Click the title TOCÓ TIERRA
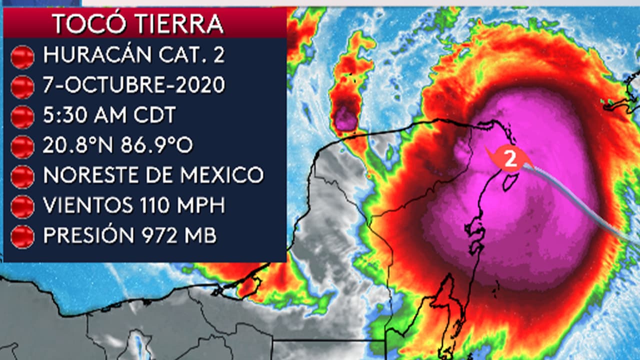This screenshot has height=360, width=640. (x=137, y=23)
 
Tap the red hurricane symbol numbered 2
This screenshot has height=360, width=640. (x=510, y=159)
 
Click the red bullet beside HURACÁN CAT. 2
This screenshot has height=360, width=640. (x=22, y=56)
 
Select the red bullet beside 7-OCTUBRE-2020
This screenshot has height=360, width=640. (x=22, y=86)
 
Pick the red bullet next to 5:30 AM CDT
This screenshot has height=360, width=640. (x=22, y=116)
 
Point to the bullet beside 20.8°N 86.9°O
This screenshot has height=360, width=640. (x=22, y=146)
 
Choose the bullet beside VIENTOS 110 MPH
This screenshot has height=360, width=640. (x=22, y=206)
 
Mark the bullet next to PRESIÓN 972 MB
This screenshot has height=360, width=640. (x=22, y=236)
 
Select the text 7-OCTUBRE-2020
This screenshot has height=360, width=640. (x=134, y=85)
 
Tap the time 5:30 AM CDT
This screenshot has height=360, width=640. (x=109, y=115)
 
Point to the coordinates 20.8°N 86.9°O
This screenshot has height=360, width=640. (x=118, y=145)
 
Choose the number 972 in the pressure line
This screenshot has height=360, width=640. (x=157, y=235)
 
